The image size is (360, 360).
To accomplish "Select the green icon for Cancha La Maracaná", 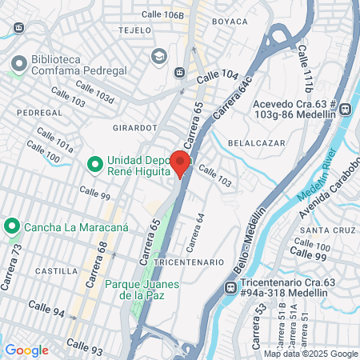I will tap(12, 226).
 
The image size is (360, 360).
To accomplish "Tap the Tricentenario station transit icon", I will tap(230, 286).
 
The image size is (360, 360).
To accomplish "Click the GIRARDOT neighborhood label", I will tap(134, 126).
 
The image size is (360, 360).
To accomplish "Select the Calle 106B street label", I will tap(162, 15).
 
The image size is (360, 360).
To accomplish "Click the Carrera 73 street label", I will tap(14, 256).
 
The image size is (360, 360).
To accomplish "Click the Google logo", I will tap(26, 350).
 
